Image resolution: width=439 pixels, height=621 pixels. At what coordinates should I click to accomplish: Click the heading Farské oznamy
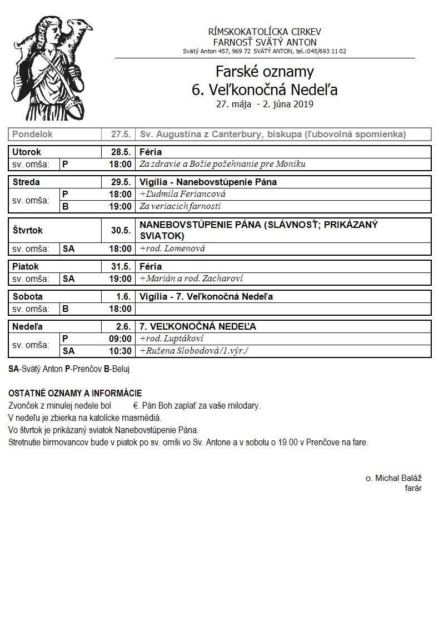click(x=265, y=72)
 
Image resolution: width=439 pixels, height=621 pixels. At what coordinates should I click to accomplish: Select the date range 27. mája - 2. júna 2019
click(x=265, y=103)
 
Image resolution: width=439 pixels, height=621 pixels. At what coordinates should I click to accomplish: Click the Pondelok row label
click(x=33, y=135)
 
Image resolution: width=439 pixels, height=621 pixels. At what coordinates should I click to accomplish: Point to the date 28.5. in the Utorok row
click(x=121, y=152)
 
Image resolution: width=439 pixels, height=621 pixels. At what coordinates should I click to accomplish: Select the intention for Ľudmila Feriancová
click(x=183, y=195)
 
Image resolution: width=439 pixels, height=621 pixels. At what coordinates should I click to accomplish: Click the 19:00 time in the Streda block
click(x=121, y=206)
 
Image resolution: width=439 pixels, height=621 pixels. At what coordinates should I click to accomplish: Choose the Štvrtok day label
click(x=27, y=230)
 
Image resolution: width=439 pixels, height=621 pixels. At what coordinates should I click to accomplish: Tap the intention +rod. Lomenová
click(x=172, y=249)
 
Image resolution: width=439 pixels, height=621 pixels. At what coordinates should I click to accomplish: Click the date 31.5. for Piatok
click(x=121, y=266)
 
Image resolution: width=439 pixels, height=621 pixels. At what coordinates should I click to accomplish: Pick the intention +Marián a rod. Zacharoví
click(x=191, y=279)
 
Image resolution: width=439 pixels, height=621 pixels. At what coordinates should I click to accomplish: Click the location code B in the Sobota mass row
click(x=66, y=309)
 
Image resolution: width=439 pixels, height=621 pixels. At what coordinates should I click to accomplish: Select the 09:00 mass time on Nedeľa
click(x=121, y=339)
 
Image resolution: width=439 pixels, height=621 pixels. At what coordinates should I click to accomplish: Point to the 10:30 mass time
click(x=121, y=351)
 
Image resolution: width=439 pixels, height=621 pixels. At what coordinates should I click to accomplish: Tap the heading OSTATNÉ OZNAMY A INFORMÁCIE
click(x=75, y=393)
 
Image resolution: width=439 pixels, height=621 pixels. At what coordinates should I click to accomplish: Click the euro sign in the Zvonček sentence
click(x=136, y=406)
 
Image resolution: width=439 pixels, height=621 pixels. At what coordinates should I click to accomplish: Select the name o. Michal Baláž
click(x=393, y=478)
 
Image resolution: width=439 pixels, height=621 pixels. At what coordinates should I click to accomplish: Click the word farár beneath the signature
click(x=413, y=488)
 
